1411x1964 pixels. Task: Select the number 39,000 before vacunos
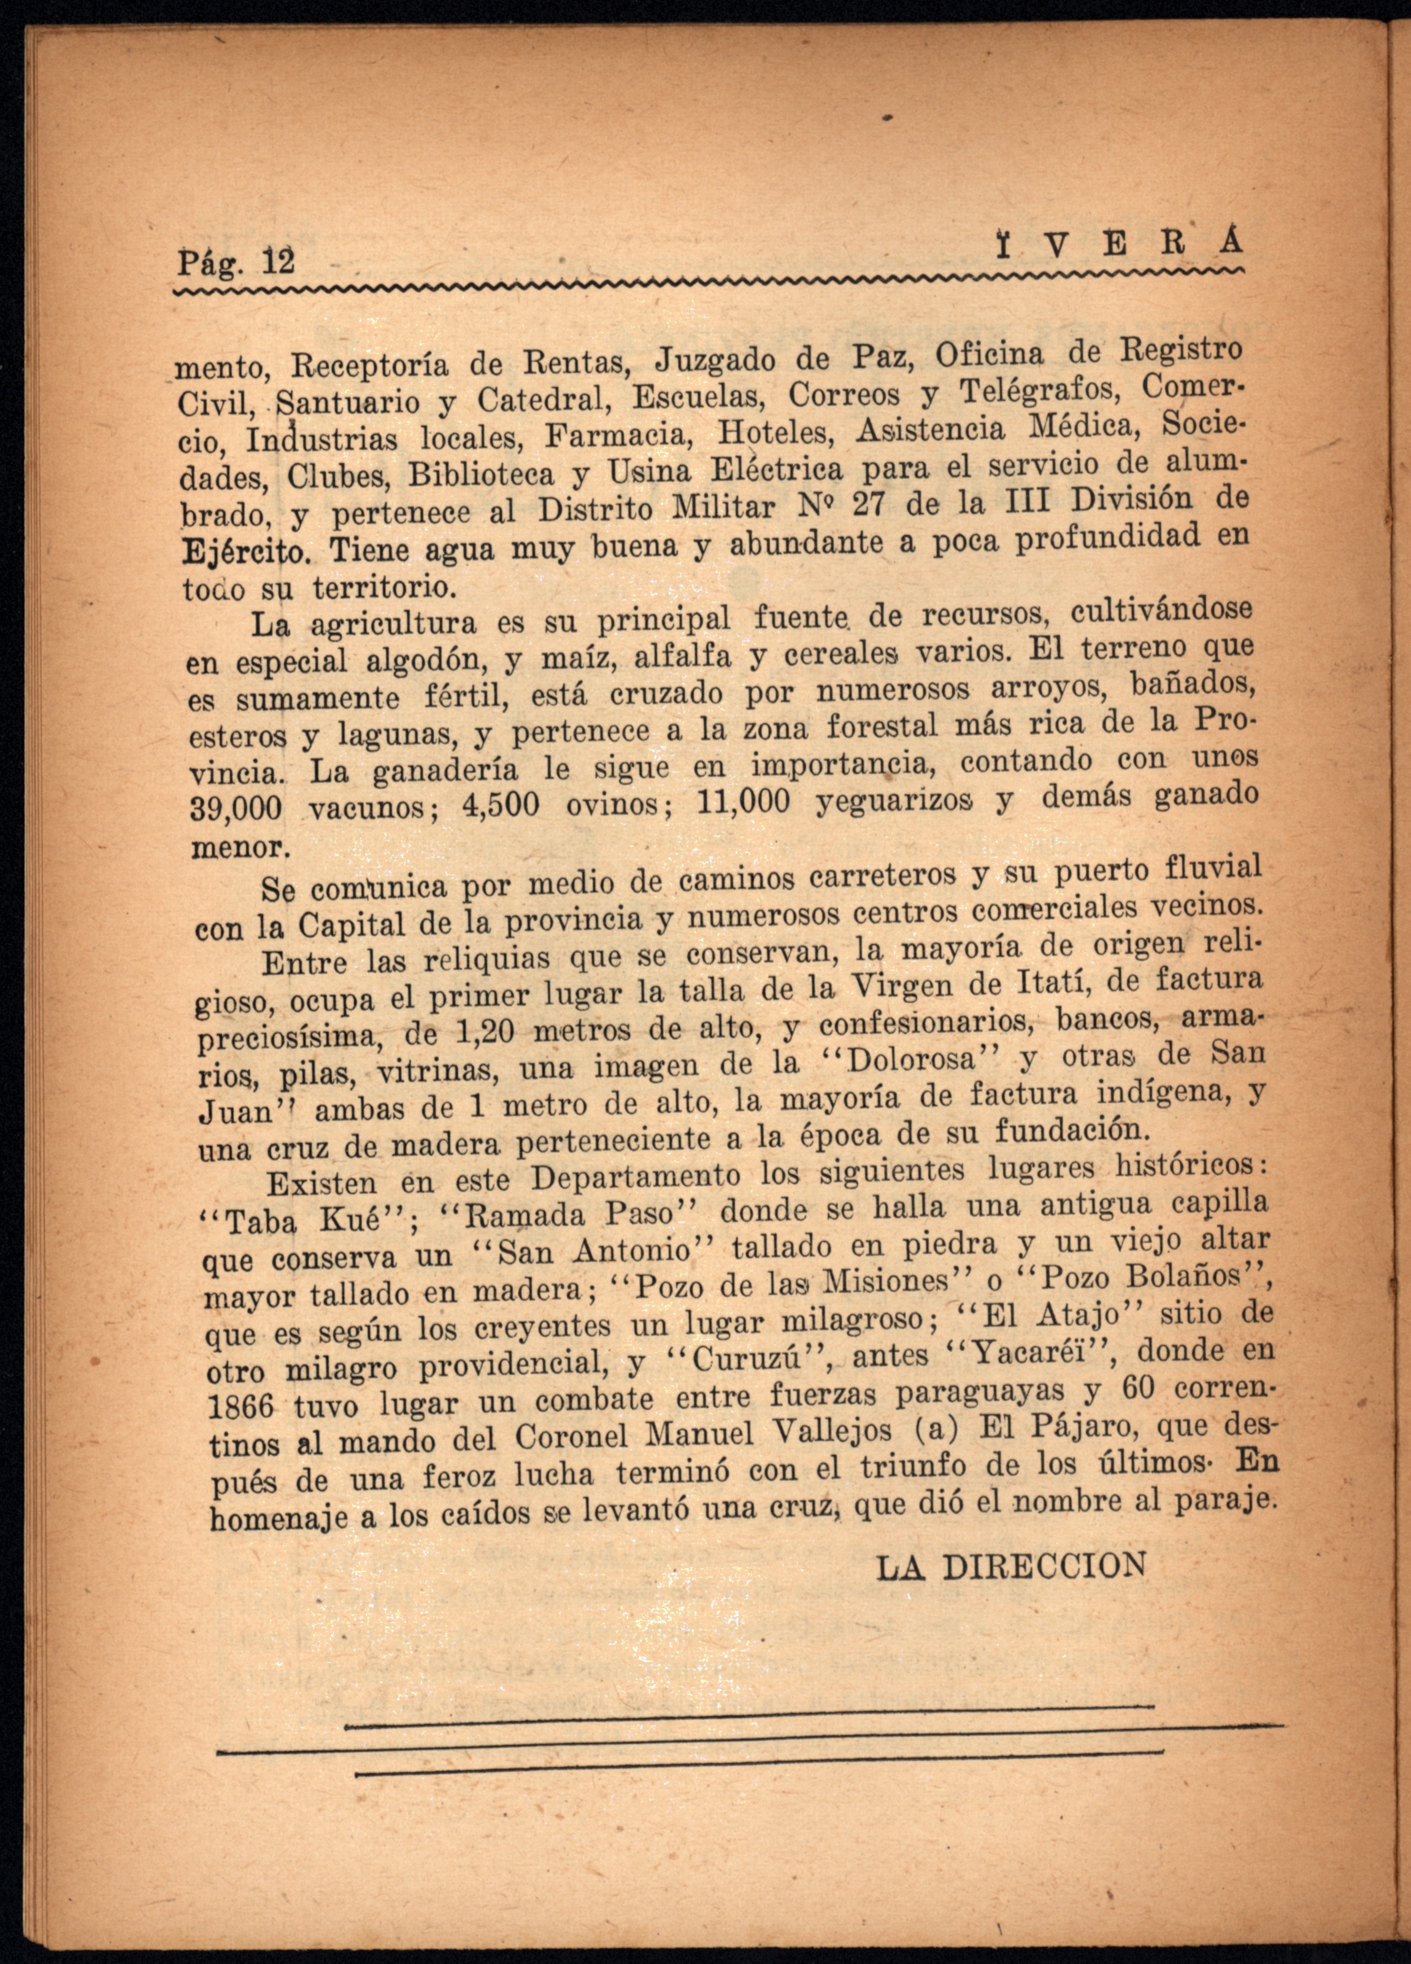[x=236, y=809]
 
